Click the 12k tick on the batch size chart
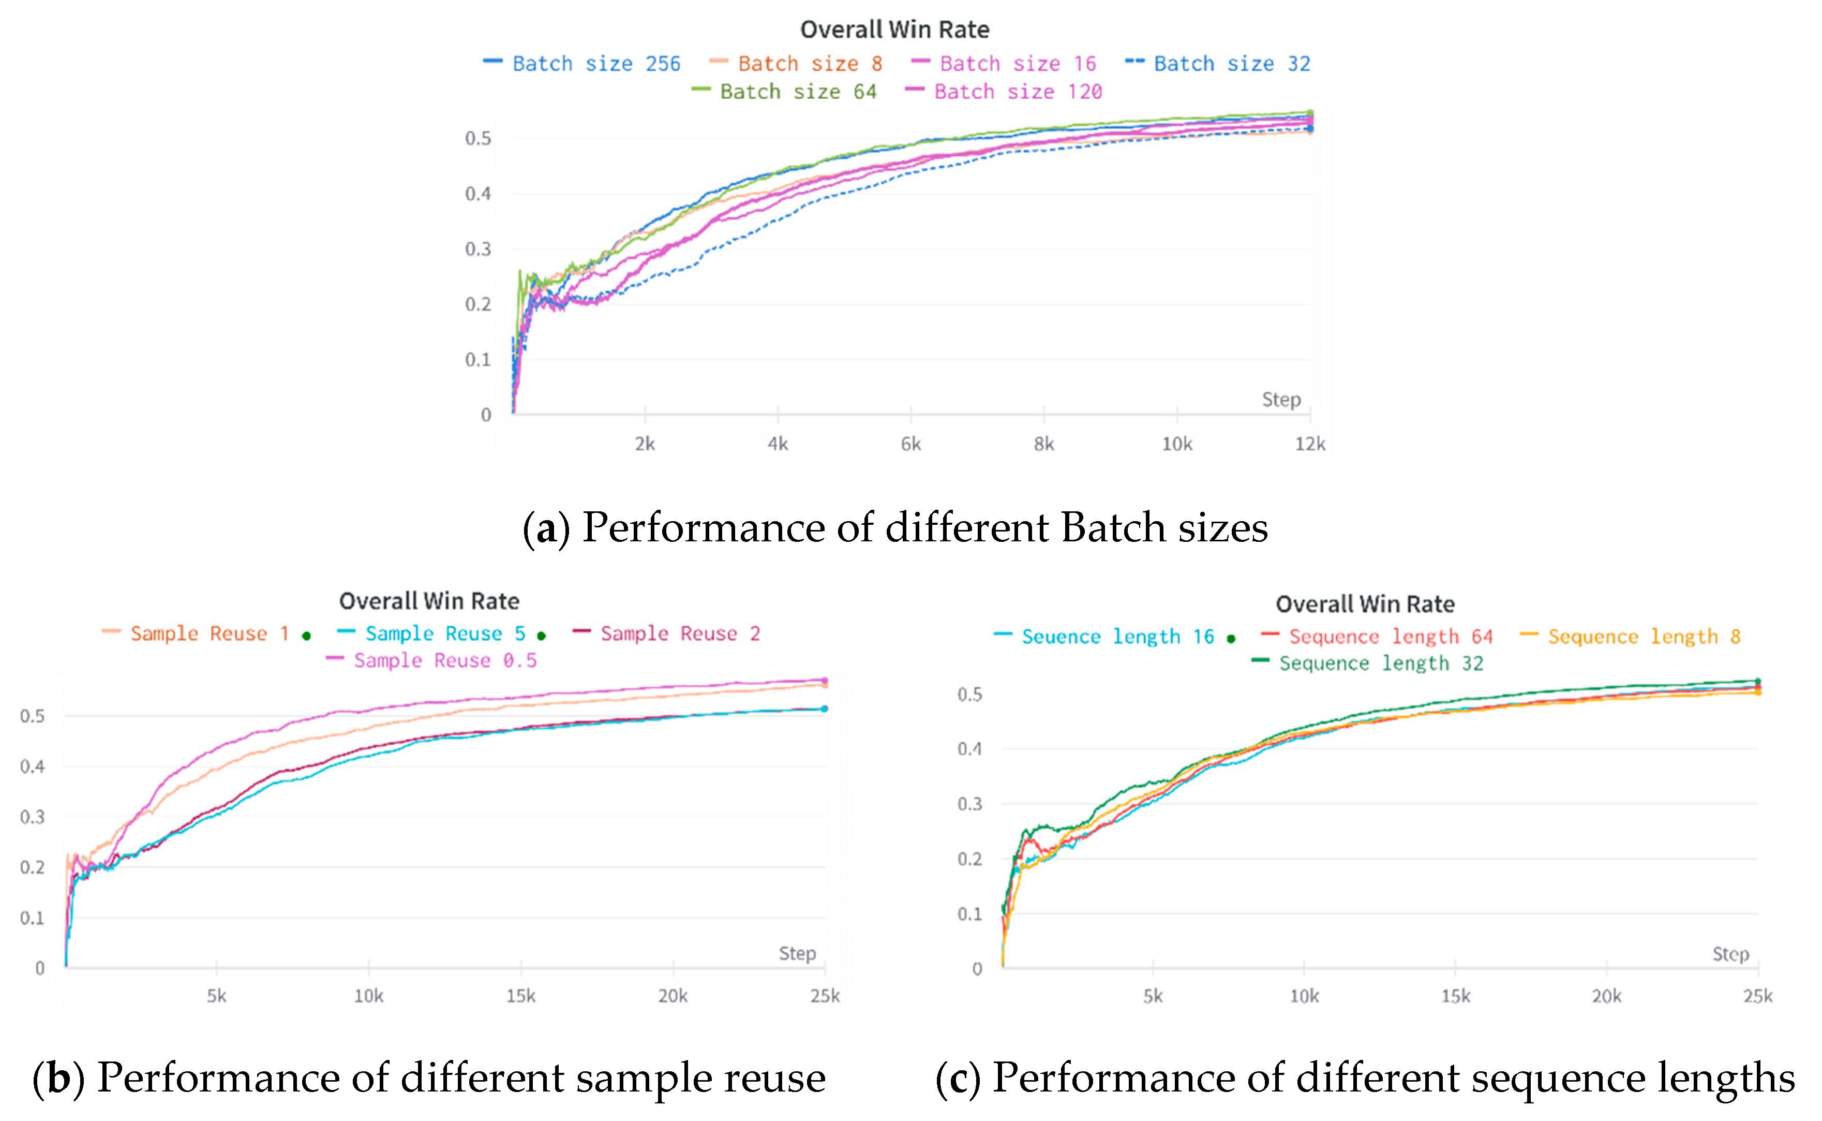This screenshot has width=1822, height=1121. [x=1309, y=444]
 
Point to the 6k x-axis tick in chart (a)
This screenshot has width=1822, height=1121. [x=910, y=444]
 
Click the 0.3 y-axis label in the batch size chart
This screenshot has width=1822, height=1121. [x=478, y=249]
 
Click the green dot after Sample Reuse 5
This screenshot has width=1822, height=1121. [x=542, y=636]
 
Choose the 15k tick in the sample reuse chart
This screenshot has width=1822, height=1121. [x=521, y=996]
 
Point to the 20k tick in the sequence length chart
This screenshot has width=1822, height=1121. [x=1606, y=996]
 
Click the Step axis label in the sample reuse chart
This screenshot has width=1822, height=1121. [x=797, y=953]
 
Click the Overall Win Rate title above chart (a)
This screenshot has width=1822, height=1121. [x=894, y=30]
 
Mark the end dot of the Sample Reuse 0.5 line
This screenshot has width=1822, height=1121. [x=825, y=681]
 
